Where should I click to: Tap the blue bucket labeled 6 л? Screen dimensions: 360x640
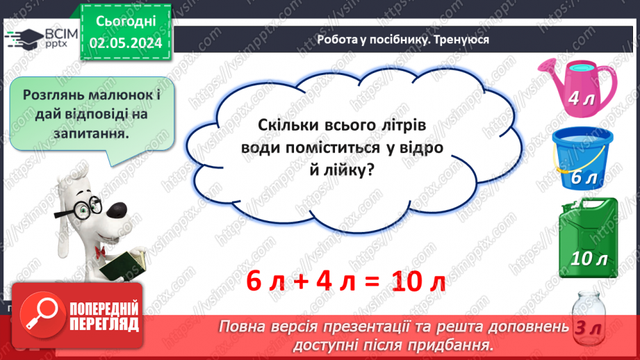[582, 161]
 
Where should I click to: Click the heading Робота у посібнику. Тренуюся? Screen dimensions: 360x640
[402, 40]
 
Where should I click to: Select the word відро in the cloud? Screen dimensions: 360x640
[420, 147]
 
